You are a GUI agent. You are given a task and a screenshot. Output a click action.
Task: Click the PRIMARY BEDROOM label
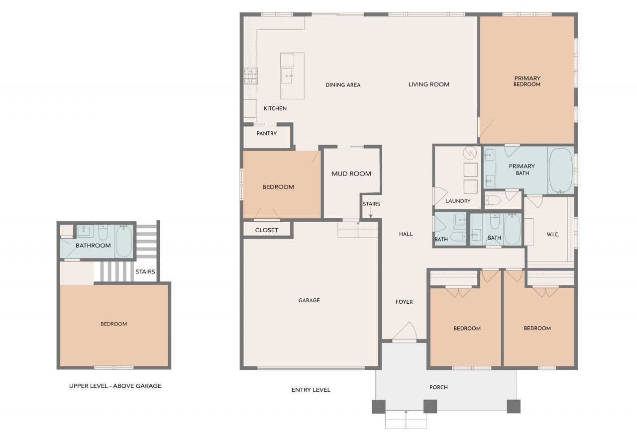[527, 81]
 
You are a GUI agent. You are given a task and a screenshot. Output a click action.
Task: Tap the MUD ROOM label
[351, 174]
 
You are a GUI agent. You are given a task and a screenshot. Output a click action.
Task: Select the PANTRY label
[266, 133]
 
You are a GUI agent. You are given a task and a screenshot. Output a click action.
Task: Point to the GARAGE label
[309, 300]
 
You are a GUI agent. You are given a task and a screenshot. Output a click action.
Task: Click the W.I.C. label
[553, 234]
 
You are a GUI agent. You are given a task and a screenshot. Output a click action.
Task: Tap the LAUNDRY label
[458, 201]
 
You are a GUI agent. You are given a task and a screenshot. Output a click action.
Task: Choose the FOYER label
[404, 302]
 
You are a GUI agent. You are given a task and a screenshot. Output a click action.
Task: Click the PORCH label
[438, 387]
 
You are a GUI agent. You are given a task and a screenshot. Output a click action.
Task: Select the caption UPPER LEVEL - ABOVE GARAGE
[115, 386]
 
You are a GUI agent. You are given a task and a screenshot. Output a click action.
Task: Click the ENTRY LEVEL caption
[311, 390]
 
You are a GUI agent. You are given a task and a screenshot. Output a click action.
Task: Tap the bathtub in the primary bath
[561, 171]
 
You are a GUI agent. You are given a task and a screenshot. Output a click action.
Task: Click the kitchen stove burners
[251, 76]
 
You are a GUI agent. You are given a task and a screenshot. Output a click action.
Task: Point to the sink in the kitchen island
[287, 76]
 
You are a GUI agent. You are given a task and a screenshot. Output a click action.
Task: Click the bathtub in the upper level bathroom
[124, 241]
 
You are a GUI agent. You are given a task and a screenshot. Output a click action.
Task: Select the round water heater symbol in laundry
[470, 153]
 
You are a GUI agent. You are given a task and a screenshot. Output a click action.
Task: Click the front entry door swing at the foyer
[405, 331]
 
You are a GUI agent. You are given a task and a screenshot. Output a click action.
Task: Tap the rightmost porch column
[514, 406]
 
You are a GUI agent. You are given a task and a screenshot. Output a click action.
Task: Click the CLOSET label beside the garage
[266, 230]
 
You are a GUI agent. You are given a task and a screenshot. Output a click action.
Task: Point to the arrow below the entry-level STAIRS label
[371, 212]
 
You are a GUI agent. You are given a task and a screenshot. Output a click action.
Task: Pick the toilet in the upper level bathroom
[103, 233]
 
